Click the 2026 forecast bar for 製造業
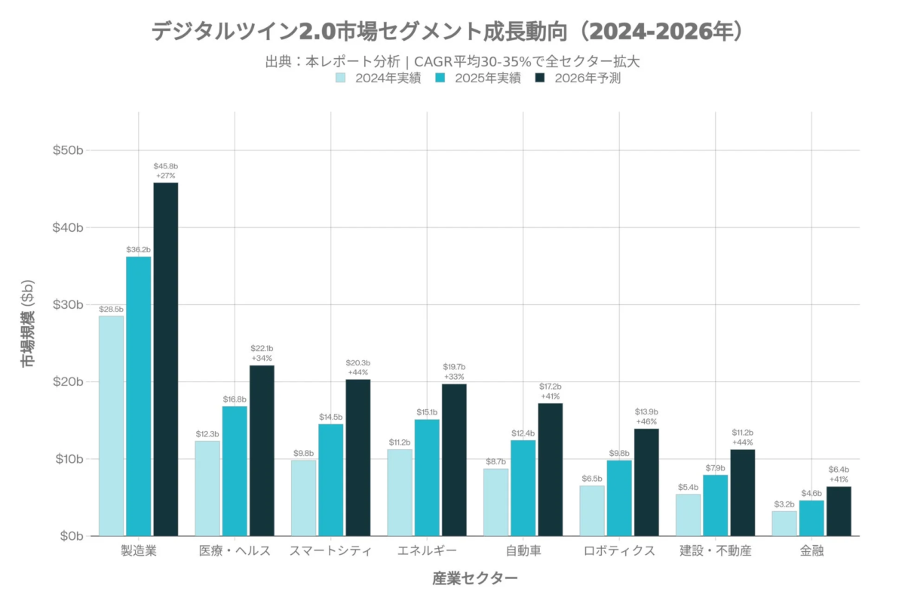tap(166, 359)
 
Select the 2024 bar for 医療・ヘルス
tap(207, 488)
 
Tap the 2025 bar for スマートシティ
tap(330, 480)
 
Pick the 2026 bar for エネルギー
tap(454, 460)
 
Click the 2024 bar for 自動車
tap(495, 502)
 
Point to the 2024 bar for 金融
tap(784, 523)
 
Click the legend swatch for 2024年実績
tap(341, 78)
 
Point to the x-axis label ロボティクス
tap(619, 550)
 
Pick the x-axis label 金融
tap(811, 550)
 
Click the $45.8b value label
tap(166, 165)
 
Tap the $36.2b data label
tap(139, 249)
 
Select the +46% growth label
tap(646, 421)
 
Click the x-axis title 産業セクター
tap(475, 578)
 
